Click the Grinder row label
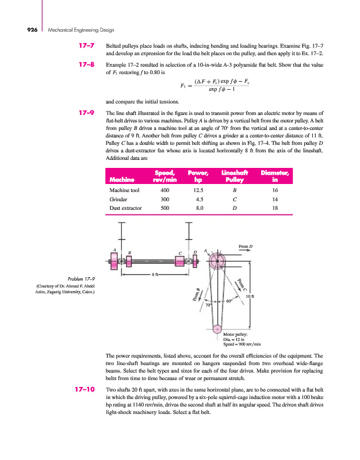click(x=119, y=199)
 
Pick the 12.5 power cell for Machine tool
click(x=198, y=190)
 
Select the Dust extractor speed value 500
click(x=166, y=209)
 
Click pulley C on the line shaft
click(x=181, y=262)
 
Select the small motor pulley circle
click(x=217, y=329)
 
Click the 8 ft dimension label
click(x=155, y=275)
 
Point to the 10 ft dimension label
click(x=250, y=296)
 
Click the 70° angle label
click(x=209, y=305)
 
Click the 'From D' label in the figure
click(x=246, y=247)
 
